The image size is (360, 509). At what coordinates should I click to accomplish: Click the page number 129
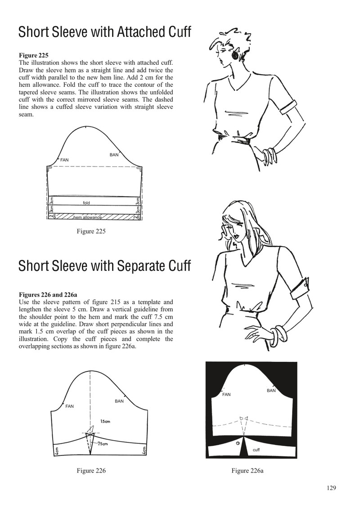click(331, 487)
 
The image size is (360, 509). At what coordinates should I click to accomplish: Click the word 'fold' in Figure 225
click(86, 203)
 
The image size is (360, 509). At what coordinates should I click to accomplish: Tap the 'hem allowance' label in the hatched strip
click(88, 217)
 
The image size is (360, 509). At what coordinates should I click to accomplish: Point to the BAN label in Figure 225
click(114, 155)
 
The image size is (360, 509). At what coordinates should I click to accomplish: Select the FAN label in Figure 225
click(65, 160)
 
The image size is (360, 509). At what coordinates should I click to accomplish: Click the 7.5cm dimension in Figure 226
click(103, 444)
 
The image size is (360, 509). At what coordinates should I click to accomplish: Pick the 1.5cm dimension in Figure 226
click(105, 421)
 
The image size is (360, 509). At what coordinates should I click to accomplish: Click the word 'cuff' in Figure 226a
click(256, 450)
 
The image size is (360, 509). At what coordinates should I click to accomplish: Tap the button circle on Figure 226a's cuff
click(238, 443)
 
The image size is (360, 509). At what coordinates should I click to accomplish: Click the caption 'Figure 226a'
click(247, 471)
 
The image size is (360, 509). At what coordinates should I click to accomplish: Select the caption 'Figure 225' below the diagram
click(91, 231)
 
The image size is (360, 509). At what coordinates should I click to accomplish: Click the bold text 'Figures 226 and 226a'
click(48, 295)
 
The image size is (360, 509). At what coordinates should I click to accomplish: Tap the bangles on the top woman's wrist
click(270, 156)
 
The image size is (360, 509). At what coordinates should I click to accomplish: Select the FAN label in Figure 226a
click(226, 394)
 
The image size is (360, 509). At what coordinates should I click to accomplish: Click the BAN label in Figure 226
click(119, 401)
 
